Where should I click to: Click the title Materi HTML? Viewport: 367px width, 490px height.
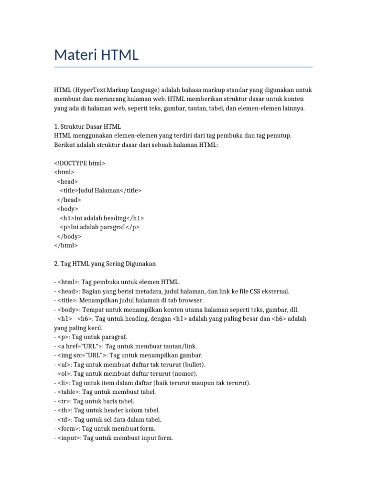(96, 55)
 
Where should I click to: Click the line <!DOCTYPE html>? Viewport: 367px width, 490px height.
(80, 163)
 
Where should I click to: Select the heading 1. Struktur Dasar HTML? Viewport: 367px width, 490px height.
(87, 127)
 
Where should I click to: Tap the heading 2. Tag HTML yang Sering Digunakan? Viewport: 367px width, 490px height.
(105, 264)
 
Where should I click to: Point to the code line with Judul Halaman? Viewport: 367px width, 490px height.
(100, 190)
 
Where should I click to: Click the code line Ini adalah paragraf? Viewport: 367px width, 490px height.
(100, 227)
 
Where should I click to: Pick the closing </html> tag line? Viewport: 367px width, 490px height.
(66, 245)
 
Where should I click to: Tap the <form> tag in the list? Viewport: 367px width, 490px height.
(68, 428)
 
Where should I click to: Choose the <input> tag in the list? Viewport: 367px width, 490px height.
(69, 438)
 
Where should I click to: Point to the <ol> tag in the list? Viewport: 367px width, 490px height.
(64, 373)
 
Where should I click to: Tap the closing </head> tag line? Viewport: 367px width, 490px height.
(69, 200)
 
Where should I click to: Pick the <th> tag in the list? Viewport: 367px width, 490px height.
(64, 410)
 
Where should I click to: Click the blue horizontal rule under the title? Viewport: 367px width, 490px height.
(183, 67)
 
